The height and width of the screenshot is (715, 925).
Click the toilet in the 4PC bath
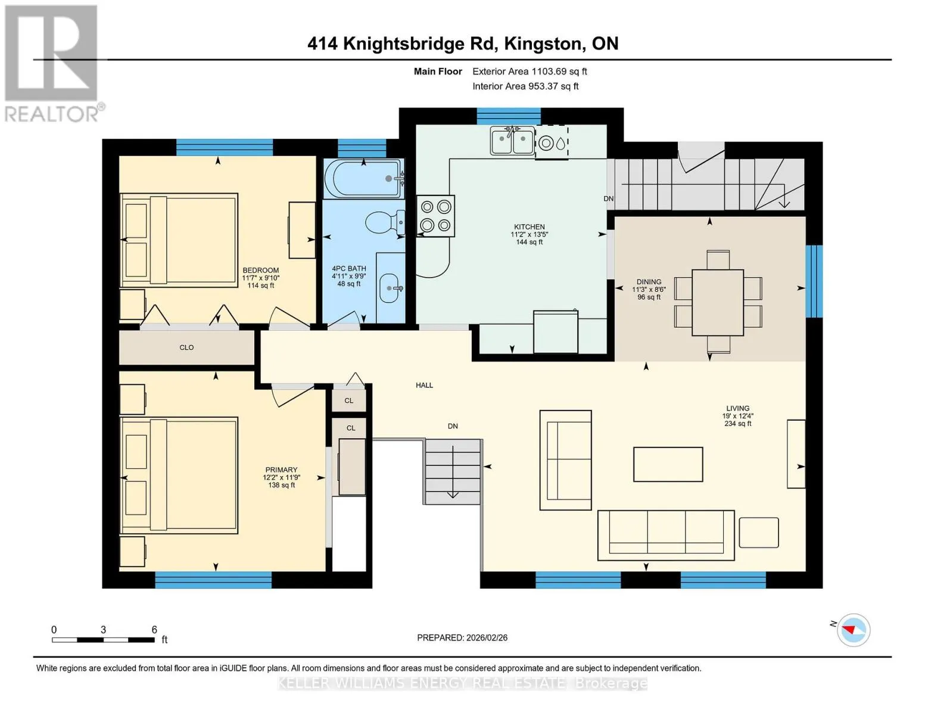[385, 222]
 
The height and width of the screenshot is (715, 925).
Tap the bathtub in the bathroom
[364, 178]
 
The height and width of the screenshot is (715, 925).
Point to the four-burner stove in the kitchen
[435, 216]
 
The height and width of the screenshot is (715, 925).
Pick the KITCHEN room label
[529, 226]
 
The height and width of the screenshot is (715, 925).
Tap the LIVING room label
[738, 408]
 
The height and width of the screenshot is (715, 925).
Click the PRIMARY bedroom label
[281, 470]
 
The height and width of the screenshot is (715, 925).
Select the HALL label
[425, 385]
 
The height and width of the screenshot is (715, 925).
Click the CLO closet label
[186, 347]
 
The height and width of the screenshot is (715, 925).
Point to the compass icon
[853, 630]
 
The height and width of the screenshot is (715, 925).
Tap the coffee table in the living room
[668, 464]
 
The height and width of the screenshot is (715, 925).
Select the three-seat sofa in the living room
[666, 535]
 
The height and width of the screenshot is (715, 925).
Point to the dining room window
[814, 281]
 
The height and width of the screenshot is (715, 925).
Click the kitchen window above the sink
[509, 116]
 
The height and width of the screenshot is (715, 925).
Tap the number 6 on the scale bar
[154, 629]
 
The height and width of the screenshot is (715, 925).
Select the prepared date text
[462, 638]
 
